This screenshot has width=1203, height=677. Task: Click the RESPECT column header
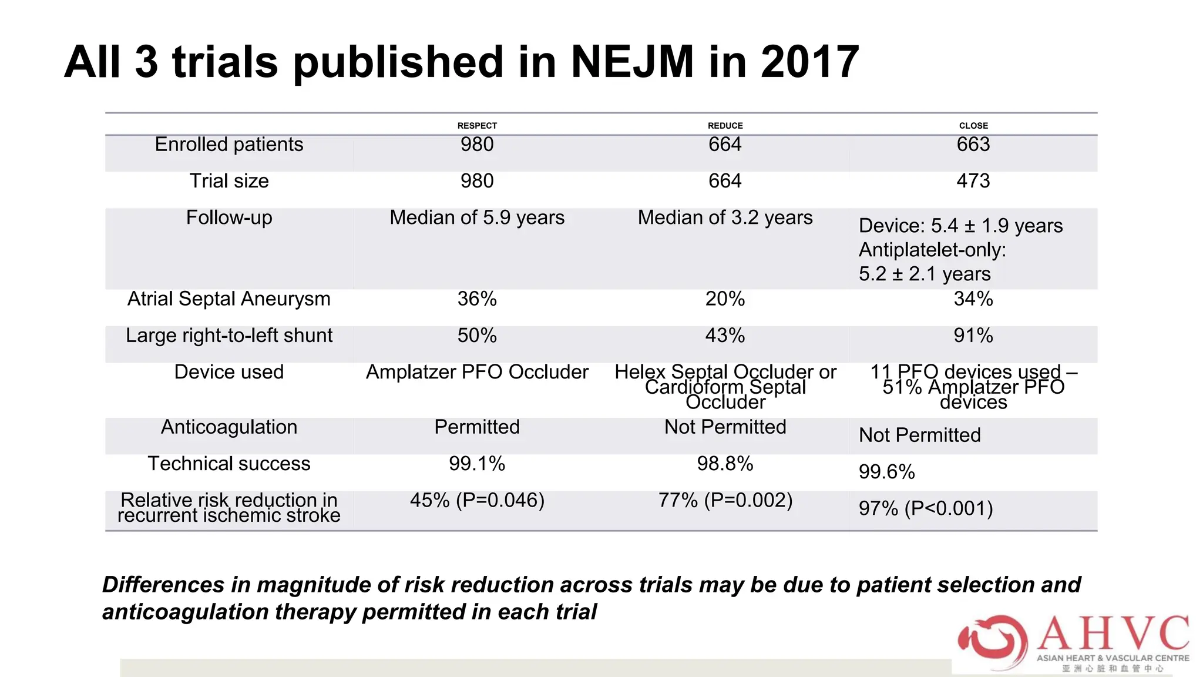pyautogui.click(x=477, y=126)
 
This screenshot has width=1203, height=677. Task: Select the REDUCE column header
pyautogui.click(x=725, y=126)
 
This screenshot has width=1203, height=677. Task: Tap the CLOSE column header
pyautogui.click(x=973, y=126)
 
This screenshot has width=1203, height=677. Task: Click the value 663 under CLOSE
pyautogui.click(x=973, y=145)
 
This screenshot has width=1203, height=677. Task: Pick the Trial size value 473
pyautogui.click(x=973, y=181)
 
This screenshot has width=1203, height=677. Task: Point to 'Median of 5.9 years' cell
pyautogui.click(x=477, y=218)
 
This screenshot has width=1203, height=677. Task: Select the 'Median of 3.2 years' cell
pyautogui.click(x=725, y=218)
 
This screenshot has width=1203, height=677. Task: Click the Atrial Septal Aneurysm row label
pyautogui.click(x=229, y=299)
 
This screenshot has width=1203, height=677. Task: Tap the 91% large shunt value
pyautogui.click(x=973, y=336)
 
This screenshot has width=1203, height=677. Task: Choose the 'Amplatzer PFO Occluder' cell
pyautogui.click(x=477, y=372)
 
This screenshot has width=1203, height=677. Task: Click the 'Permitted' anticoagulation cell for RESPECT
pyautogui.click(x=477, y=427)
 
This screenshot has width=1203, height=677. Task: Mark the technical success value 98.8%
pyautogui.click(x=725, y=464)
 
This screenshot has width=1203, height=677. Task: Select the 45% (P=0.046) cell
pyautogui.click(x=477, y=501)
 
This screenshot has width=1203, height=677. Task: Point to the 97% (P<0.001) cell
pyautogui.click(x=926, y=508)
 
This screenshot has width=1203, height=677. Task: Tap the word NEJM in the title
pyautogui.click(x=632, y=62)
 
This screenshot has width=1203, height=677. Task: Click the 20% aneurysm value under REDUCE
pyautogui.click(x=725, y=299)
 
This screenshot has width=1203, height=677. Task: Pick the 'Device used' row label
pyautogui.click(x=229, y=372)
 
